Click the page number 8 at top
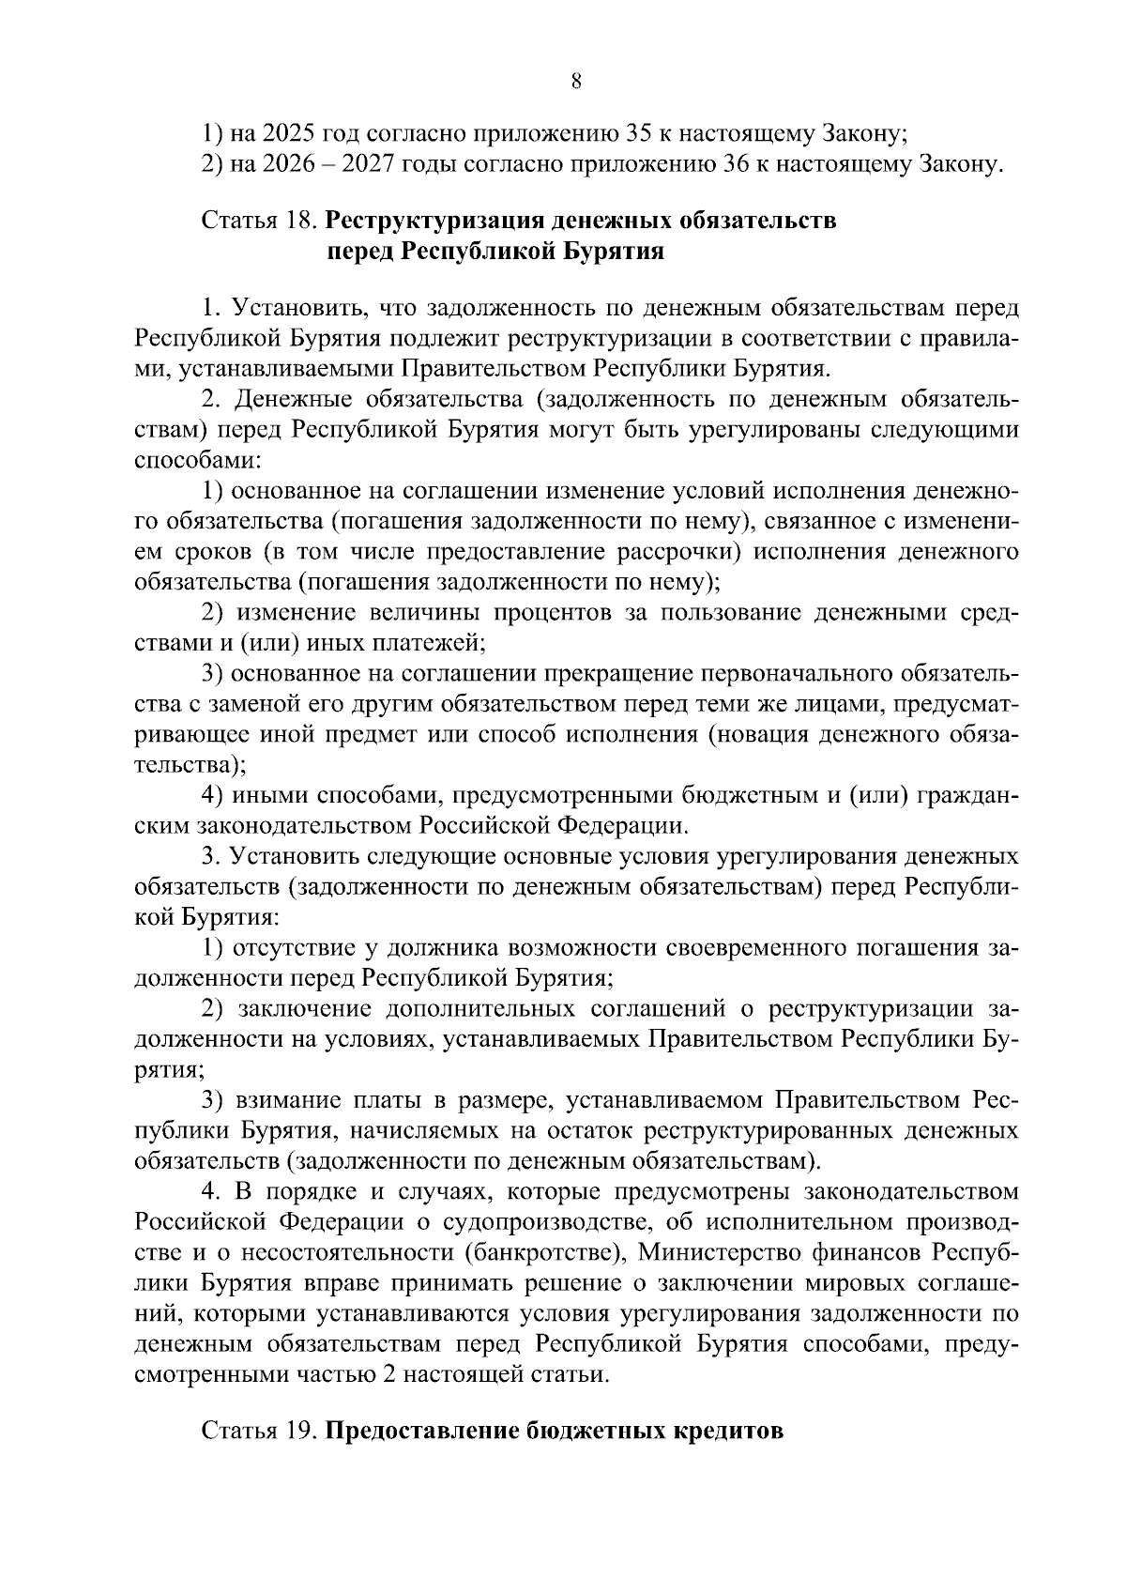coord(576,82)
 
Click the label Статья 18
coord(260,222)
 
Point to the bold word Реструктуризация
coord(434,222)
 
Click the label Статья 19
coord(260,1433)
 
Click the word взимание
coord(292,1100)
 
